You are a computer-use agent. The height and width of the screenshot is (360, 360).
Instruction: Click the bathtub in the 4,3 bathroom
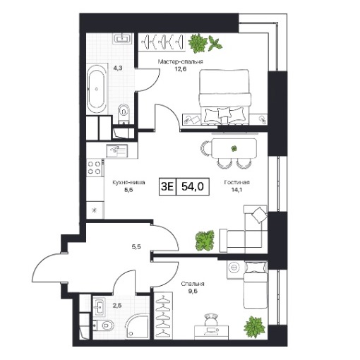[96, 89]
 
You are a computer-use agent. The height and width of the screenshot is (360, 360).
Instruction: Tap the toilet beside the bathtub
[124, 113]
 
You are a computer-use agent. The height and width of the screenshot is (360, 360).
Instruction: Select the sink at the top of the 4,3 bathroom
[122, 38]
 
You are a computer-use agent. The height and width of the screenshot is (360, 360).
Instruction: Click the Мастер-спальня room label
[180, 62]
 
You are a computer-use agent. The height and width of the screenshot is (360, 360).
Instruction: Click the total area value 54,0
[193, 186]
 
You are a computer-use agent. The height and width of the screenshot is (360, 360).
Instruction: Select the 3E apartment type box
[167, 186]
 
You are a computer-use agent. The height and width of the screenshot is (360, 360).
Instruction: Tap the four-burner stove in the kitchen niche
[95, 167]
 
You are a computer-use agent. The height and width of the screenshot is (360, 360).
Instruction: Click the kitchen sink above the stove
[116, 150]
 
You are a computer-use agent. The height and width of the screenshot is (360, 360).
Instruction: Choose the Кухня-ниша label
[128, 182]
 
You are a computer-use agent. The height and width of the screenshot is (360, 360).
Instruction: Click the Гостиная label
[236, 182]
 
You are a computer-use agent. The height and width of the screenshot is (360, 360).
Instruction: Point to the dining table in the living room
[234, 148]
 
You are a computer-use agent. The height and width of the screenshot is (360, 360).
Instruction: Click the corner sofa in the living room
[244, 229]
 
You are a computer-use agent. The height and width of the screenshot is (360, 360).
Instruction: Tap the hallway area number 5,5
[136, 247]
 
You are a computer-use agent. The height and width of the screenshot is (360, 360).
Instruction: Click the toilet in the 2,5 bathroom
[104, 325]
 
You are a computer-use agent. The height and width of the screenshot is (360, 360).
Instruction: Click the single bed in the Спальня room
[256, 284]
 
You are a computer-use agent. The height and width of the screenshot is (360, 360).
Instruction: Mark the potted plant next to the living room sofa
[205, 241]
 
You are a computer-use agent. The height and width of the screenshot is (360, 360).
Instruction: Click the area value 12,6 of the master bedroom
[180, 69]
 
